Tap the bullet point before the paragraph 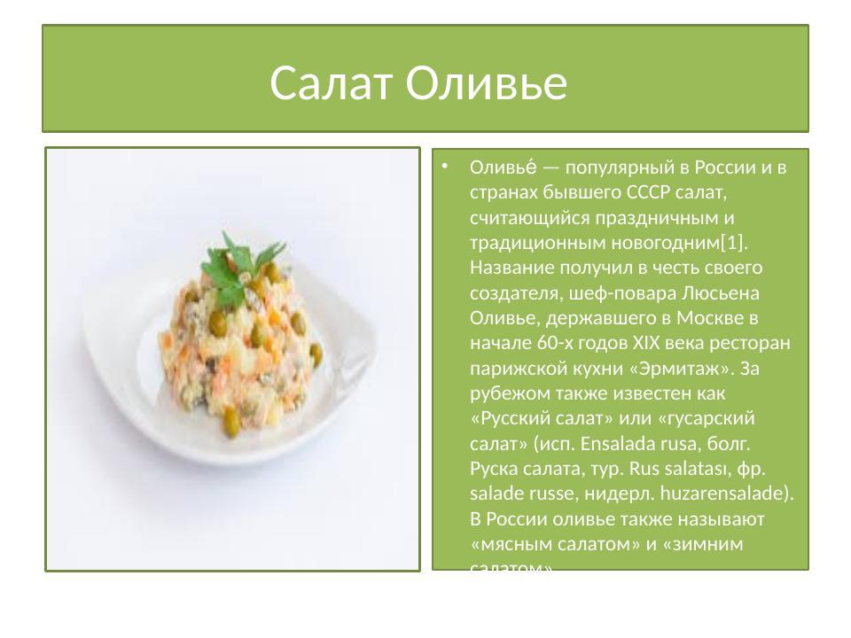(x=446, y=166)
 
